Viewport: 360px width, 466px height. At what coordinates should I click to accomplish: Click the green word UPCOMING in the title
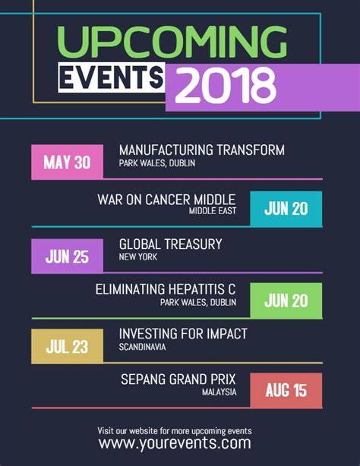[172, 43]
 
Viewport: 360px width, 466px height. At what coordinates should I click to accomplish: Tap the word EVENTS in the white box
[112, 77]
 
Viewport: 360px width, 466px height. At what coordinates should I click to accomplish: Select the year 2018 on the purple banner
[226, 86]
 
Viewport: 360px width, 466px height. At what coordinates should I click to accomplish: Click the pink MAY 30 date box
[68, 162]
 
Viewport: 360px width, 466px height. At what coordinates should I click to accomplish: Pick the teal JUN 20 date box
[286, 209]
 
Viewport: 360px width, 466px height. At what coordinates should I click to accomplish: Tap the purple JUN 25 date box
[68, 257]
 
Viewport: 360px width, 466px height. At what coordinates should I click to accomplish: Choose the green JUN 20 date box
[286, 301]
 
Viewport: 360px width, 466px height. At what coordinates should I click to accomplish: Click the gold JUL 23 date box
[68, 346]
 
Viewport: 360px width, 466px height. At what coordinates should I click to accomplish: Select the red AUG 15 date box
[286, 390]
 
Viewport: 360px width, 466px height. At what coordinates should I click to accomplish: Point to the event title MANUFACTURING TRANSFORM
[202, 150]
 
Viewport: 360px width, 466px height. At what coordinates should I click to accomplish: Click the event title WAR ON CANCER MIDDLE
[166, 200]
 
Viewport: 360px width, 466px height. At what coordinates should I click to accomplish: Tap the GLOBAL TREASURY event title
[170, 244]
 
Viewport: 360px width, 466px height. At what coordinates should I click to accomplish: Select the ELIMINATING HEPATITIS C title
[166, 289]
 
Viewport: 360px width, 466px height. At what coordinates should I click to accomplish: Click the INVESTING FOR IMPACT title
[183, 334]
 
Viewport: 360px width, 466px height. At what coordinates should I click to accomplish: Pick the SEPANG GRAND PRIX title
[178, 379]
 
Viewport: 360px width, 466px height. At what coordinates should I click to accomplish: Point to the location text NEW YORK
[138, 257]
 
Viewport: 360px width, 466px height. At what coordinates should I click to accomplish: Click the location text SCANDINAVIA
[142, 347]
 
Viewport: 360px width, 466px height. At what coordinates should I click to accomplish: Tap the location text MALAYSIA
[219, 392]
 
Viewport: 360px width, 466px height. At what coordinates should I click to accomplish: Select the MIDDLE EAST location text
[213, 211]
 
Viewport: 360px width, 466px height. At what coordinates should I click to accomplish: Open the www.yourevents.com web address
[175, 443]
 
